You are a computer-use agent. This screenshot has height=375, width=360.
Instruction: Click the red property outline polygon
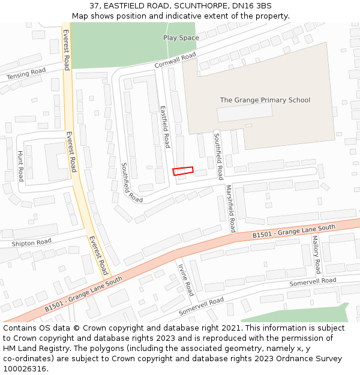pyautogui.click(x=184, y=171)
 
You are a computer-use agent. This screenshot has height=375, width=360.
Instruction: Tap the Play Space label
pyautogui.click(x=181, y=38)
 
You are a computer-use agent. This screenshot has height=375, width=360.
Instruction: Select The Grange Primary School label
pyautogui.click(x=265, y=100)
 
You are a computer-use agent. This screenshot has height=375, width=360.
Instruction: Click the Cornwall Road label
pyautogui.click(x=175, y=61)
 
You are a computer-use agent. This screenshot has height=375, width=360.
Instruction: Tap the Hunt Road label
pyautogui.click(x=20, y=166)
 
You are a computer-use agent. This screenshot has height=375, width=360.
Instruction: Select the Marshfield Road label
pyautogui.click(x=230, y=208)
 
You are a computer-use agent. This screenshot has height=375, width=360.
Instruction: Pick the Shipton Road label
pyautogui.click(x=31, y=243)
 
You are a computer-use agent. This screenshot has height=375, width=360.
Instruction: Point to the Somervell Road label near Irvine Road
pyautogui.click(x=201, y=306)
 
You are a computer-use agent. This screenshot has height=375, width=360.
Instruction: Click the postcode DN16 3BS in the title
pyautogui.click(x=251, y=6)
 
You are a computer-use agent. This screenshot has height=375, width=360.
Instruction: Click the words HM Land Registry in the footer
pyautogui.click(x=33, y=348)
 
